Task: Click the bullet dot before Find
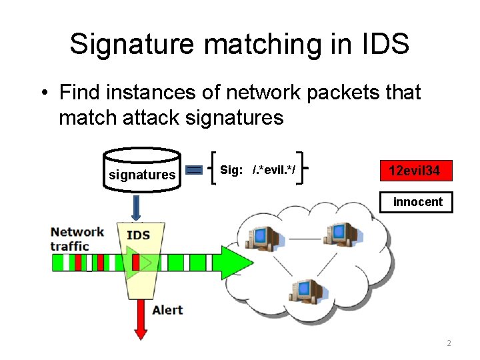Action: pos(43,92)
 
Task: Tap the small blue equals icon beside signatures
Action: pos(194,171)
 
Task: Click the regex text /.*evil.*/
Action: pos(273,171)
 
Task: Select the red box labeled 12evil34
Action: pos(414,171)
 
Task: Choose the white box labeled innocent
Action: pos(417,202)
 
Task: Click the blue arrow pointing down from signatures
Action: pos(137,207)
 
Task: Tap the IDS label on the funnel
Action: pos(138,235)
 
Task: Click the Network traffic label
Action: pos(77,239)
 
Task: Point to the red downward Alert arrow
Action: pos(141,319)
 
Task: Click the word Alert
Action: pos(167,310)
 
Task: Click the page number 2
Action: pos(449,343)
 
